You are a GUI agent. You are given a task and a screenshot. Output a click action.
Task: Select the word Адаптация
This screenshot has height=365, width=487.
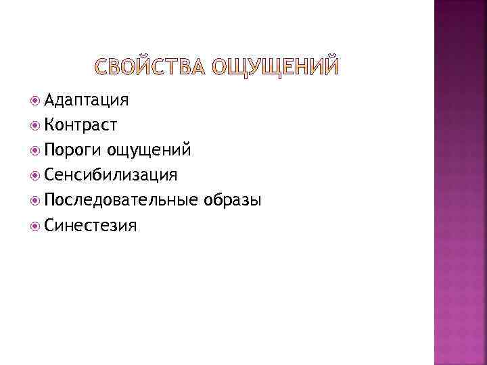[86, 101]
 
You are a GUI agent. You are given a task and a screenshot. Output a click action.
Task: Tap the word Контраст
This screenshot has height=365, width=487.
[80, 125]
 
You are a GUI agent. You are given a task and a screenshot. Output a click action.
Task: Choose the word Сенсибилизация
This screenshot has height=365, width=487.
[110, 175]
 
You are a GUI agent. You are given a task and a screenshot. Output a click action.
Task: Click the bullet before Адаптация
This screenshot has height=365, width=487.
[36, 101]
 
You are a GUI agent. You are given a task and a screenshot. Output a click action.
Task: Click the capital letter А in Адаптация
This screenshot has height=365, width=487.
[49, 101]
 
